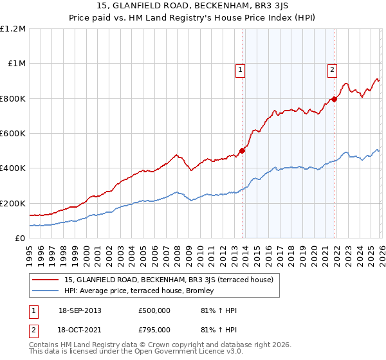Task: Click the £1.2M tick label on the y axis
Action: point(13,29)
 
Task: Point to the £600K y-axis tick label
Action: point(13,134)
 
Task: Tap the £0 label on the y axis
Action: point(19,238)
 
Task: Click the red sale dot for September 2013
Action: point(243,151)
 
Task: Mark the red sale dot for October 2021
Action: point(335,100)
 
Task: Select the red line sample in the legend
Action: point(46,280)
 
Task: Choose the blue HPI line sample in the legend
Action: point(46,291)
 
